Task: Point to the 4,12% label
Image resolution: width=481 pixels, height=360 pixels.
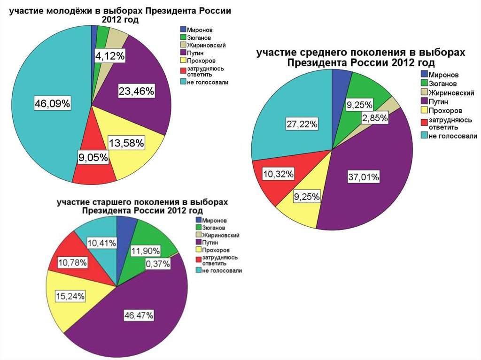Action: pos(110,57)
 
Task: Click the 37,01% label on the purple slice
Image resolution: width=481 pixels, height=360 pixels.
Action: pos(364,177)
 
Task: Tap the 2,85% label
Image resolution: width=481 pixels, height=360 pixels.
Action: pos(374,118)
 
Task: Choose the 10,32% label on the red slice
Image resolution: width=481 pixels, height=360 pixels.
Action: pos(279,175)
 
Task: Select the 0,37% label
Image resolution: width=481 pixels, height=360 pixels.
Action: pos(158,265)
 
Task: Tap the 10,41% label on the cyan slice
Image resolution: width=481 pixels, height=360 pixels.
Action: pos(101,242)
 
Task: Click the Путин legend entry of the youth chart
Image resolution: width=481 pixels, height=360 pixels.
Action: pos(194,53)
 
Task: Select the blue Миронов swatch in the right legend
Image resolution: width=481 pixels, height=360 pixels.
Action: pos(424,74)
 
